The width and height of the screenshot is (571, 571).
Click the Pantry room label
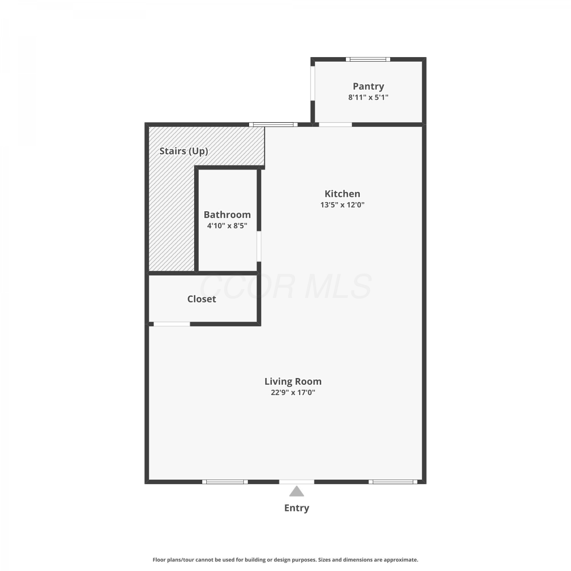[368, 87]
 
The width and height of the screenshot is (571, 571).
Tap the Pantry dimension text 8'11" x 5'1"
[368, 97]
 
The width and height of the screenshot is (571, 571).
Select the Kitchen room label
[342, 194]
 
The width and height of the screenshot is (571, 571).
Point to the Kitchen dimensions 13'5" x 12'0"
[342, 205]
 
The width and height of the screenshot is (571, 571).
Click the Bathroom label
[227, 215]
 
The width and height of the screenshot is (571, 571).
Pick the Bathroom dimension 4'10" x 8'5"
[227, 226]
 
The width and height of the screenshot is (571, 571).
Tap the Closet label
[201, 299]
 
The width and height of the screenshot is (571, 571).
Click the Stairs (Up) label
[183, 151]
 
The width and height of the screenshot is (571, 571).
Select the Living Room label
[293, 381]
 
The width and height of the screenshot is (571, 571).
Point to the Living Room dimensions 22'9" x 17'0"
[293, 392]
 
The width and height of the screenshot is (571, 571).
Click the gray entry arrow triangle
[297, 491]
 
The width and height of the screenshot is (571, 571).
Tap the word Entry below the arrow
[297, 508]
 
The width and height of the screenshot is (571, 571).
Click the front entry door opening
[297, 482]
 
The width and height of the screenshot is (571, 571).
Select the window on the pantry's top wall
[368, 59]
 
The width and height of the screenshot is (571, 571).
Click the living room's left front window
[225, 482]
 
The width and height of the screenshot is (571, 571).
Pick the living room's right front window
[393, 482]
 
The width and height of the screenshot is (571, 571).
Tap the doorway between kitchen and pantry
[335, 124]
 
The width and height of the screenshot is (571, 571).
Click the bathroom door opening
[259, 246]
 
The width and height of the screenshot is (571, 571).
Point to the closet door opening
[172, 324]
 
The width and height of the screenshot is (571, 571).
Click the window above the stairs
[273, 124]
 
